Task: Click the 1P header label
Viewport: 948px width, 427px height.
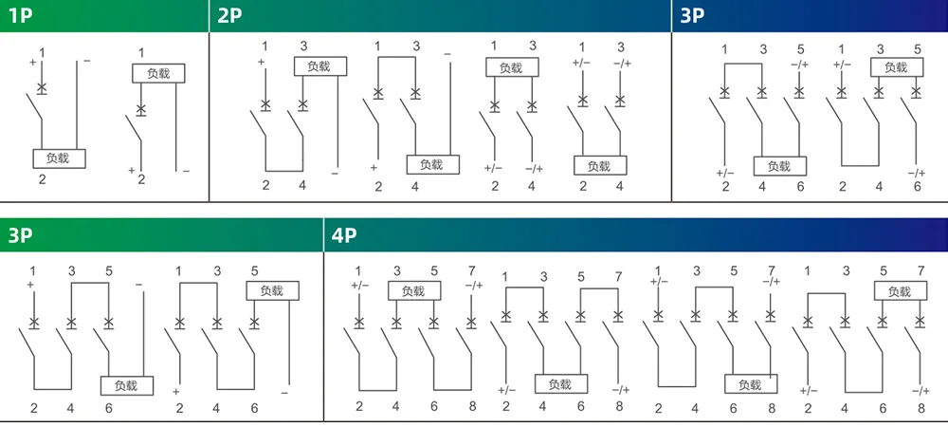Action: tap(21, 15)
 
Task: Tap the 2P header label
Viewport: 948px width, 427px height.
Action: tap(229, 15)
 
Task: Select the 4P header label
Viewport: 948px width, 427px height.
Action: tap(344, 235)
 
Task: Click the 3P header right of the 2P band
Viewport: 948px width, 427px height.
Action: tap(693, 15)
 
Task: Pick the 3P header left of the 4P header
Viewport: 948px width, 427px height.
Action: tap(21, 235)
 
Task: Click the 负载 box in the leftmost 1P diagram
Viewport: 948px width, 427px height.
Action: tap(59, 158)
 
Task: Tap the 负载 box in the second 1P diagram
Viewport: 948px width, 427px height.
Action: tap(158, 73)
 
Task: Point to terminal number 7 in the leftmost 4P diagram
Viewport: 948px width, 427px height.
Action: tap(471, 269)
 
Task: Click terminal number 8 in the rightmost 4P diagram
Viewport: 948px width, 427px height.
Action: tap(921, 408)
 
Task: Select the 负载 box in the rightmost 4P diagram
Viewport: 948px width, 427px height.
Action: tap(901, 291)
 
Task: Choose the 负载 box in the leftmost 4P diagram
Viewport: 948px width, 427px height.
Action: tap(414, 291)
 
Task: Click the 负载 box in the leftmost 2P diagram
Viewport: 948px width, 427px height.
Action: tap(320, 65)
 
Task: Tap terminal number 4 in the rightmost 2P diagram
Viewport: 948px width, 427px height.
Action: tap(620, 186)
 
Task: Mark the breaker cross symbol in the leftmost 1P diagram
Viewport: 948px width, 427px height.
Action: tap(41, 88)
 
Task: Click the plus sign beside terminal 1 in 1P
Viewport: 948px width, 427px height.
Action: tap(32, 62)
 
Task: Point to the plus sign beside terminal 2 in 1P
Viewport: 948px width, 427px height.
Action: tap(131, 171)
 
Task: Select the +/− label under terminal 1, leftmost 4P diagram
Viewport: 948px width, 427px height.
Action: tap(359, 285)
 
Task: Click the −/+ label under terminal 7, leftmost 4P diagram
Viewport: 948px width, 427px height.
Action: tap(472, 285)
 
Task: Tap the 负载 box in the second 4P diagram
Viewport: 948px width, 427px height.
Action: tap(561, 384)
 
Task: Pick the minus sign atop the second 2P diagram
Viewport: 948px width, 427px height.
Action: tap(447, 54)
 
